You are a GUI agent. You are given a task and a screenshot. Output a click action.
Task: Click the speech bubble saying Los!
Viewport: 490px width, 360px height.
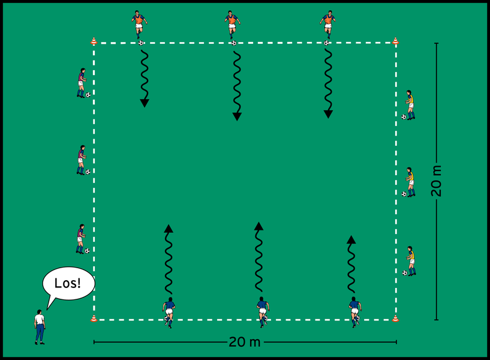coord(68,283)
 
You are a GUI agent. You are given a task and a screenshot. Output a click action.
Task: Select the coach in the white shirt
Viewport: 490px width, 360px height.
coord(40,327)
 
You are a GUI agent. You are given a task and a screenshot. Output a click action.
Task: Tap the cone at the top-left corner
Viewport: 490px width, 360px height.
coord(94,41)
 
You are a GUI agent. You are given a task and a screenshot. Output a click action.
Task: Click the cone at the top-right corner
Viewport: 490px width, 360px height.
coord(395,41)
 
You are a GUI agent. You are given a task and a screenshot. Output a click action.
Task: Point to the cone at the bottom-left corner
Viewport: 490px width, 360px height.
coord(94,319)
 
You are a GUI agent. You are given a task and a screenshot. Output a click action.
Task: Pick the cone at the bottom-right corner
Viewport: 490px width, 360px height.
coord(395,319)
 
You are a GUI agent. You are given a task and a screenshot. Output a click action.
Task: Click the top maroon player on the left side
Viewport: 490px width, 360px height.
coord(81,83)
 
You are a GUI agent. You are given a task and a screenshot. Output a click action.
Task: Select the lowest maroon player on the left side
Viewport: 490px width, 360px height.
coord(80,239)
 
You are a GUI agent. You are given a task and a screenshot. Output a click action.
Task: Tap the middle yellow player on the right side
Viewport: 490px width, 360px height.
coord(410,182)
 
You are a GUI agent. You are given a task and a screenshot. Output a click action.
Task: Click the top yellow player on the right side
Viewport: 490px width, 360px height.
coord(410,104)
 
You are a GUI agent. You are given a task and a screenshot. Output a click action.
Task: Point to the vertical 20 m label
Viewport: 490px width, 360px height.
coord(437,181)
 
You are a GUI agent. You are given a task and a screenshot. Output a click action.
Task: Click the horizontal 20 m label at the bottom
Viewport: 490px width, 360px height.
coord(245,343)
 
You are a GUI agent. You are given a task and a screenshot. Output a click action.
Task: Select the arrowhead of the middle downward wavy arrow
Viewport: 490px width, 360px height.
coord(237,116)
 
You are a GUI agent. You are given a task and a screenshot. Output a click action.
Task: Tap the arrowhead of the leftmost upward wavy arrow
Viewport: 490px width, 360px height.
coord(169,228)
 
